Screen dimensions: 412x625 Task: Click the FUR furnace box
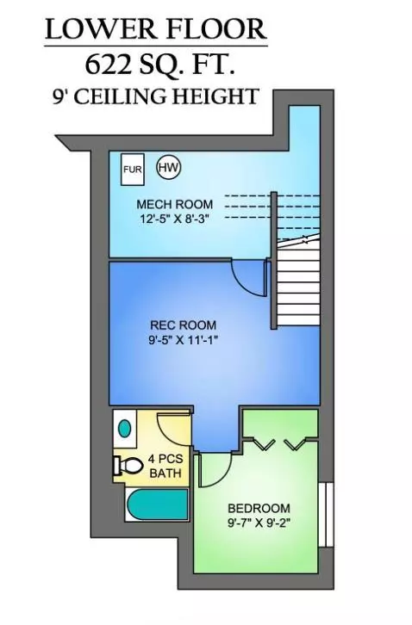133,170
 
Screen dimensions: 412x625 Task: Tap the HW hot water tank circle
168,167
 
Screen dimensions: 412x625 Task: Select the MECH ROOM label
174,205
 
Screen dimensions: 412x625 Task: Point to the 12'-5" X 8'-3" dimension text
174,219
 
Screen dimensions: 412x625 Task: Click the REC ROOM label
183,325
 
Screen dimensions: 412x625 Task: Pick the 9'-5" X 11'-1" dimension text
183,340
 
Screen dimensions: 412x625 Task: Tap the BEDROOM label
259,508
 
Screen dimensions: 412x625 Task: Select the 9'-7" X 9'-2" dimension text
259,523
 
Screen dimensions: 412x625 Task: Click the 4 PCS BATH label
165,466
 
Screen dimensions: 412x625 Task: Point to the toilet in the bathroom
128,465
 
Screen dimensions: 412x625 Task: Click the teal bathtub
157,504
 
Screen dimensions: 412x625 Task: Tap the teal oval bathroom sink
125,429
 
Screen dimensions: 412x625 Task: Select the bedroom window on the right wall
326,515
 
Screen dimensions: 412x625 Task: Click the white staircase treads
298,286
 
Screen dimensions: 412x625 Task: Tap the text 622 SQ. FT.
159,65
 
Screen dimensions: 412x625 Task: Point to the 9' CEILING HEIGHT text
156,96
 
